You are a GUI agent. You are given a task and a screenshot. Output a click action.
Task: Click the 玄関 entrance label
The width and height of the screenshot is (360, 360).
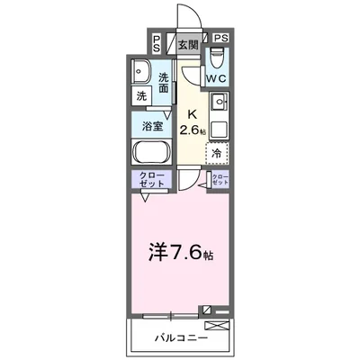coord(186,42)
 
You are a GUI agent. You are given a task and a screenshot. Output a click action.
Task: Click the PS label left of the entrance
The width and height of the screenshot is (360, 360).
coord(157,42)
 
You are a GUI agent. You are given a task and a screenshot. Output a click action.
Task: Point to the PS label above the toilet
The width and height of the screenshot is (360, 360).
coord(220,38)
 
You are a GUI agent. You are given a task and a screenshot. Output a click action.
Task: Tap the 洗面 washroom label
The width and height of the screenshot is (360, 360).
coord(165,83)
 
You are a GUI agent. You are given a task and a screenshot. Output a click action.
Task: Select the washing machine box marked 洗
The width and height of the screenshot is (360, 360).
coord(143,94)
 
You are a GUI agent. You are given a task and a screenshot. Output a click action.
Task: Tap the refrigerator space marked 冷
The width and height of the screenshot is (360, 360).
coord(217,153)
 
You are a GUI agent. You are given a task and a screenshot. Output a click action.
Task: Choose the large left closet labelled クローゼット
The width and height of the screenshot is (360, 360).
coord(153,179)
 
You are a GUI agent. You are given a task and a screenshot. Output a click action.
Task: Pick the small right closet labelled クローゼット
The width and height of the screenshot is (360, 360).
coord(219,180)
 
